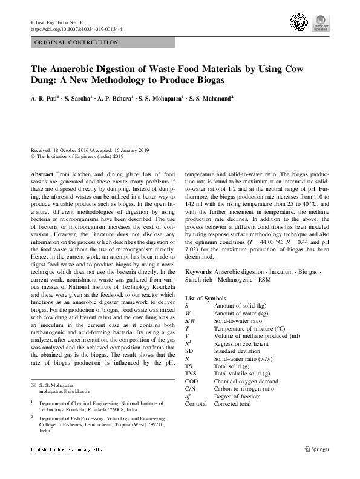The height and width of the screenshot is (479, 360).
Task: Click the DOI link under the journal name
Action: (76, 28)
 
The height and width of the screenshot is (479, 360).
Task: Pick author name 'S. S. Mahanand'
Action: (211, 97)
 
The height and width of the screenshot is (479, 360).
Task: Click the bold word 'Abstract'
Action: (41, 174)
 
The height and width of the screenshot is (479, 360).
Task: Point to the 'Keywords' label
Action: (198, 273)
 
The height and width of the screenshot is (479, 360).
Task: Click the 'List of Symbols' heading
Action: (206, 299)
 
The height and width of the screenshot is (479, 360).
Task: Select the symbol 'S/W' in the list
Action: (191, 320)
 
